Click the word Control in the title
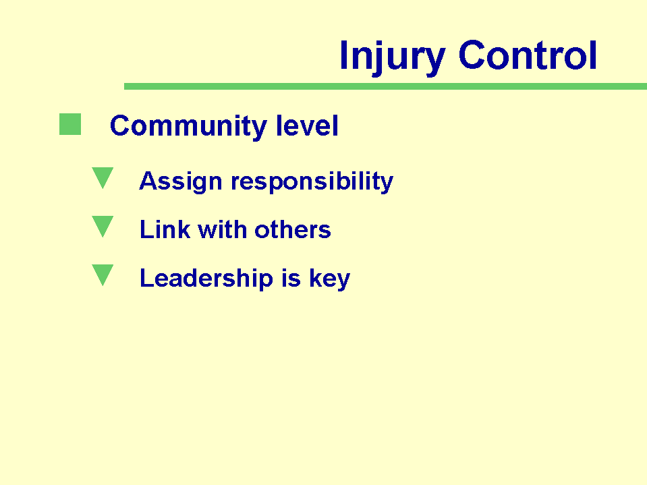tap(528, 55)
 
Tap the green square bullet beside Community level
tap(70, 124)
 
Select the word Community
tap(188, 125)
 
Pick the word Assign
tap(181, 181)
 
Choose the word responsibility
tap(312, 181)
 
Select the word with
tap(223, 229)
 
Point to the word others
tap(293, 229)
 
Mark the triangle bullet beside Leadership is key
tap(103, 275)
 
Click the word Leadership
tap(206, 279)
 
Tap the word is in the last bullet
tap(291, 278)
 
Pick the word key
tap(329, 279)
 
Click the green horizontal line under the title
tap(385, 86)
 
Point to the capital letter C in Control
tap(471, 55)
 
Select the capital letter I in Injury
tap(343, 55)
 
